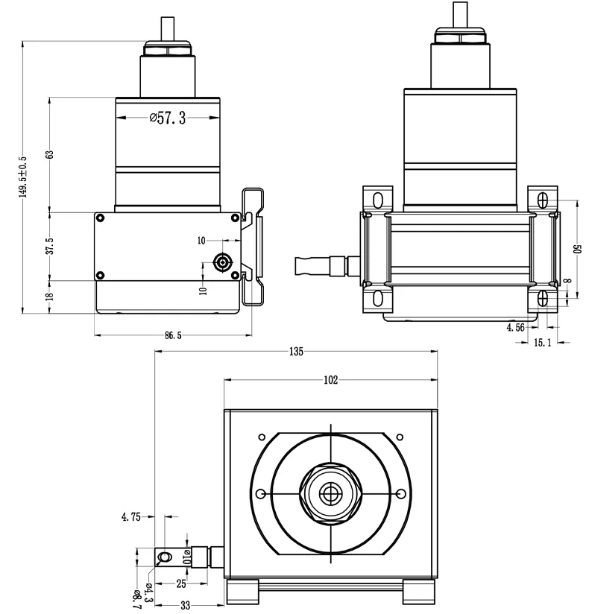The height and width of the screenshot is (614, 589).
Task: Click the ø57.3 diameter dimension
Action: [x=168, y=118]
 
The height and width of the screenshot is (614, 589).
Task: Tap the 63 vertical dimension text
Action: [x=50, y=154]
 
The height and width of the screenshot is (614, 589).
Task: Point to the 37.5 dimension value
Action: [x=50, y=246]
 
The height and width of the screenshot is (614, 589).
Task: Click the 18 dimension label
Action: [x=50, y=297]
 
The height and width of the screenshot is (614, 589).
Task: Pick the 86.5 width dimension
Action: [x=173, y=335]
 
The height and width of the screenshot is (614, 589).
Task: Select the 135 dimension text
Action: [x=296, y=352]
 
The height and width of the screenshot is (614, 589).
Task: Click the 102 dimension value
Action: [x=331, y=380]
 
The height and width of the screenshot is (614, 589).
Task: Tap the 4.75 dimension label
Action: [x=131, y=517]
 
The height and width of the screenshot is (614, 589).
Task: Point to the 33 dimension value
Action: [x=186, y=605]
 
